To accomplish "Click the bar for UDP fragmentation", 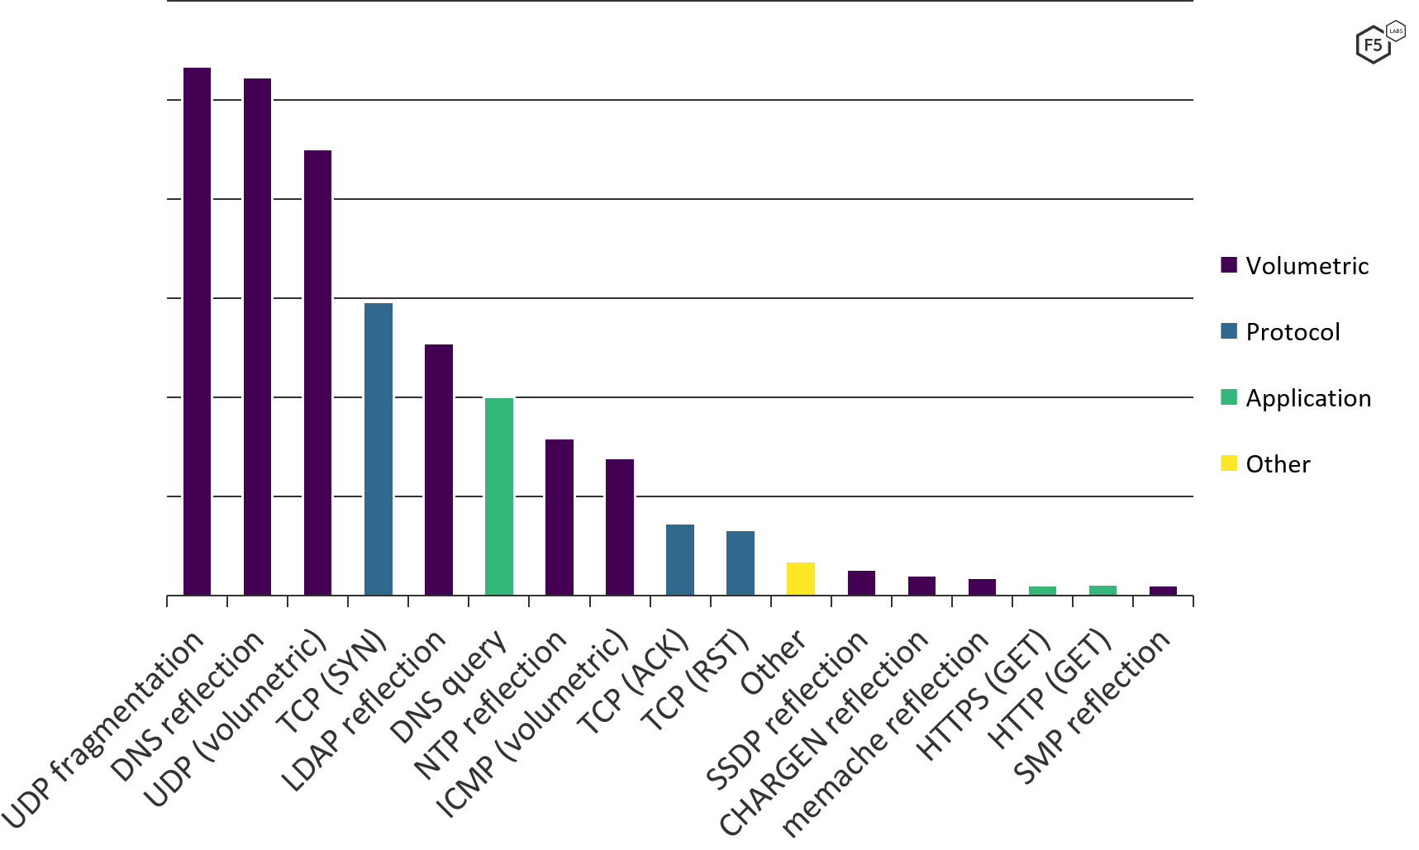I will point(197,330).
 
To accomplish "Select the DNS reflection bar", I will point(257,336).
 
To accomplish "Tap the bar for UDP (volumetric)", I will point(317,372).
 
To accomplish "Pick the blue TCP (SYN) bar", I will point(379,449).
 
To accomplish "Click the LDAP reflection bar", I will point(439,469).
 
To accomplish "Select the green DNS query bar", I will point(499,496).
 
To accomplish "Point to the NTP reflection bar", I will point(560,516).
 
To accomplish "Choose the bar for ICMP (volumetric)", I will point(620,526).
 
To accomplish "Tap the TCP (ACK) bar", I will point(680,559).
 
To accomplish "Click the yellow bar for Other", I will point(801,578).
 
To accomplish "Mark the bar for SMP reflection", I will point(1163,590).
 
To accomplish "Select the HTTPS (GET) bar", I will point(1042,590).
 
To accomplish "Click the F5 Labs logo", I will point(1378,42).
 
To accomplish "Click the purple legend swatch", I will point(1229,265).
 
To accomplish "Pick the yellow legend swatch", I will point(1229,463).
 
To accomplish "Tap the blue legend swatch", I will point(1229,331).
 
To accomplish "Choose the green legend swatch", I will point(1229,397).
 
